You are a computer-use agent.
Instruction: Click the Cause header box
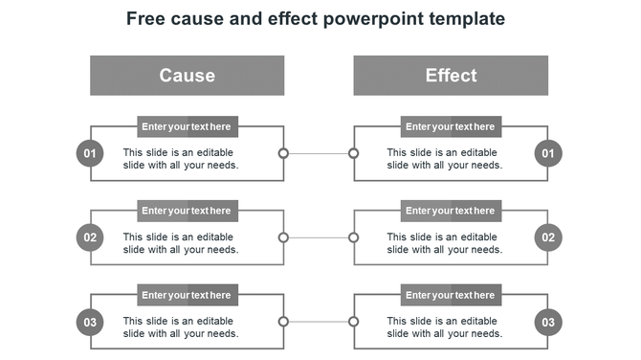[x=187, y=76]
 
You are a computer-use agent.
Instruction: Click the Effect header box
[x=451, y=76]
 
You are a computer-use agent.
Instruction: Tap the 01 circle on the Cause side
[x=90, y=153]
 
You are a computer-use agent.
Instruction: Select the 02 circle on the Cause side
[x=90, y=237]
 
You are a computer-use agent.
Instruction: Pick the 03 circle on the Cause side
[x=90, y=322]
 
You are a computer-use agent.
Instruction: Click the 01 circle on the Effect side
[x=548, y=153]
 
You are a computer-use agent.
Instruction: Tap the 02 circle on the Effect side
[x=548, y=237]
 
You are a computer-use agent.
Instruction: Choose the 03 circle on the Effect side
[x=548, y=322]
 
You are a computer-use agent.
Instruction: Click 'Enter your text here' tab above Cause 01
[x=187, y=126]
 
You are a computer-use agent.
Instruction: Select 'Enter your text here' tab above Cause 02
[x=187, y=211]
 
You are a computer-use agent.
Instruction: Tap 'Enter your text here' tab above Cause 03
[x=187, y=295]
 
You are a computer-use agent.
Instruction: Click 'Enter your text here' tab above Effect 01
[x=451, y=126]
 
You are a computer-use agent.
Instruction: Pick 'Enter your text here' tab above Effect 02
[x=451, y=211]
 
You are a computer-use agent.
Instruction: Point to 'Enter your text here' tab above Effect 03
[x=451, y=295]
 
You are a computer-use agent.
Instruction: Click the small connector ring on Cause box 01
[x=283, y=153]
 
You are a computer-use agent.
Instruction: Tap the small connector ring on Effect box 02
[x=353, y=237]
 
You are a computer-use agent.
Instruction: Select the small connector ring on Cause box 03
[x=283, y=322]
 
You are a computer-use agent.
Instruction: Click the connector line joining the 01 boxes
[x=319, y=153]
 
